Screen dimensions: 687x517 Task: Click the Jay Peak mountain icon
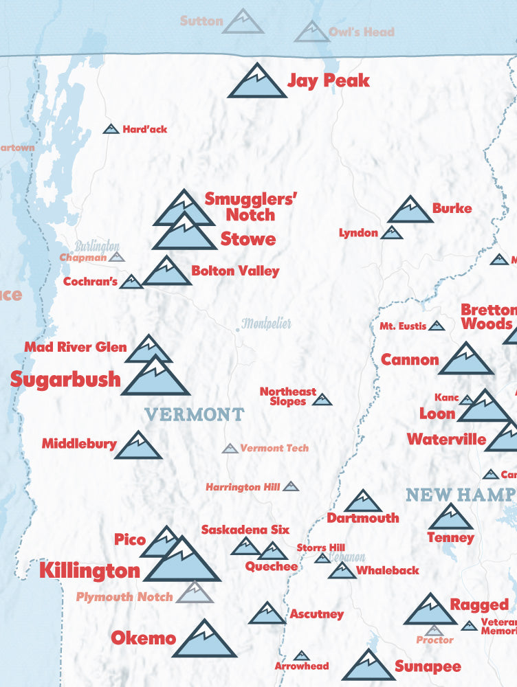(256, 82)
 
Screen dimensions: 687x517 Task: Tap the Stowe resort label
(248, 239)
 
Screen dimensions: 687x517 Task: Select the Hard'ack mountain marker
(111, 128)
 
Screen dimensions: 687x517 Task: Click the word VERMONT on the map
(195, 414)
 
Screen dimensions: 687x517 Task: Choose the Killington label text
(89, 570)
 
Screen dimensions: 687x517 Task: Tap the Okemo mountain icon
(204, 640)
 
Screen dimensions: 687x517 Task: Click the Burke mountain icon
(410, 211)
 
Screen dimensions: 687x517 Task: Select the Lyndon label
(358, 233)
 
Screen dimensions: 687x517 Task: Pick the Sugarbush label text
(65, 379)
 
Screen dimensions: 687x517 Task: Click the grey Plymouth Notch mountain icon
(195, 593)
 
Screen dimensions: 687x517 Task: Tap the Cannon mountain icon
(466, 359)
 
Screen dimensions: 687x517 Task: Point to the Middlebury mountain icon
(138, 446)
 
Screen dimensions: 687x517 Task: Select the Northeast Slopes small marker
(322, 399)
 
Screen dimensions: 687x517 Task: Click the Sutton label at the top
(201, 21)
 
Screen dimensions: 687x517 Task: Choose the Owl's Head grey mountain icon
(311, 32)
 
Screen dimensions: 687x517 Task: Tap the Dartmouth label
(362, 518)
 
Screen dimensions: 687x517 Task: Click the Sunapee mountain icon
(368, 666)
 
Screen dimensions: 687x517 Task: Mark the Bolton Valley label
(235, 271)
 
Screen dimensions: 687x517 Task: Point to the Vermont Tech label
(274, 448)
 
